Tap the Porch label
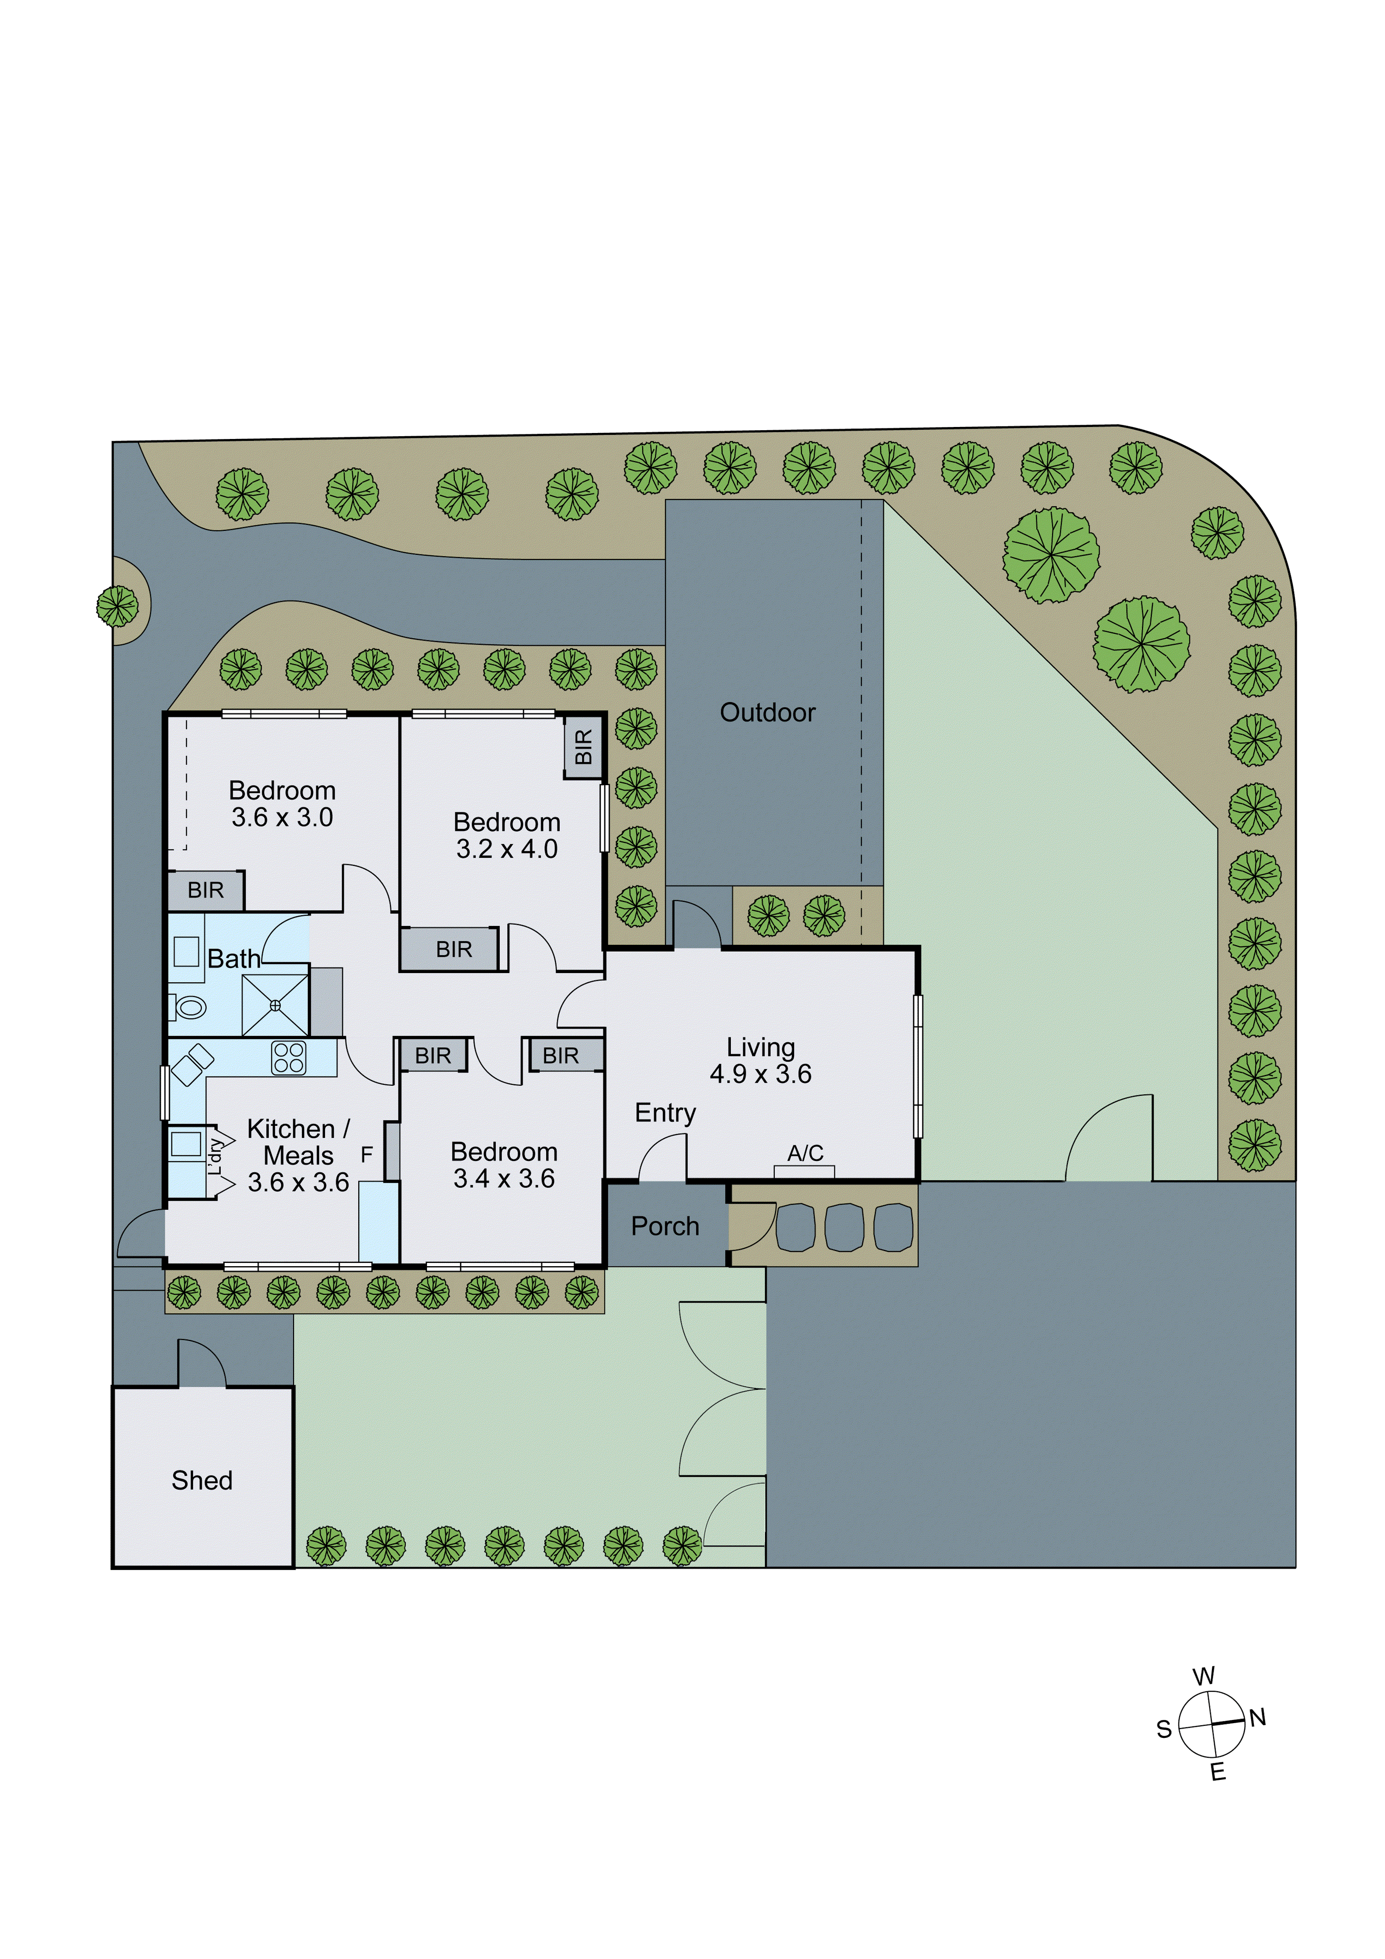pyautogui.click(x=665, y=1226)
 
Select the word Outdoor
pyautogui.click(x=767, y=712)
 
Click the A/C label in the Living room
pyautogui.click(x=805, y=1154)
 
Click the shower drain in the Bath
pyautogui.click(x=275, y=1005)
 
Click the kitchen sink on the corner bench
pyautogui.click(x=192, y=1064)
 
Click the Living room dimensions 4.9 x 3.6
pyautogui.click(x=760, y=1074)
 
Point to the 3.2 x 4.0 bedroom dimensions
pyautogui.click(x=507, y=849)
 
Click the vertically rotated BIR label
pyautogui.click(x=584, y=746)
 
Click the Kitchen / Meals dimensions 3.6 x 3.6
pyautogui.click(x=298, y=1183)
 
